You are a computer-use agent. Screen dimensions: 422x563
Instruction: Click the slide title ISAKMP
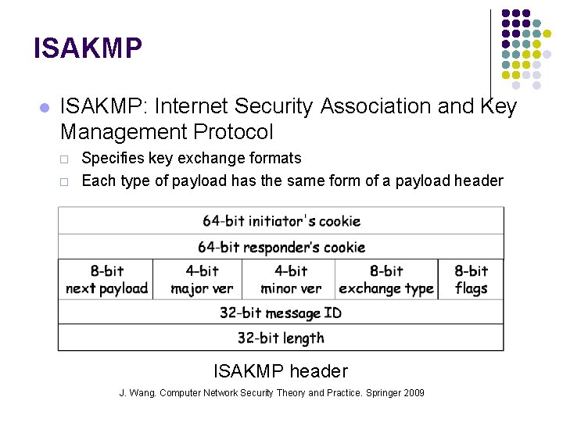pyautogui.click(x=88, y=48)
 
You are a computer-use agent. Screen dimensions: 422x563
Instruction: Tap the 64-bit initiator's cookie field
pyautogui.click(x=281, y=221)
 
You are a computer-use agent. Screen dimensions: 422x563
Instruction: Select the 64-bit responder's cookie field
pyautogui.click(x=281, y=247)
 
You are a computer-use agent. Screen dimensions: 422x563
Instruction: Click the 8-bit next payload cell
pyautogui.click(x=106, y=280)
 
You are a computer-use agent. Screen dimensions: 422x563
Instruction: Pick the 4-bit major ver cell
pyautogui.click(x=201, y=280)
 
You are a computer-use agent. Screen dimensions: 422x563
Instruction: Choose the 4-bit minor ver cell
pyautogui.click(x=290, y=280)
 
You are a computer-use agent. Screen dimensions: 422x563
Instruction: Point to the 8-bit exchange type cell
pyautogui.click(x=386, y=280)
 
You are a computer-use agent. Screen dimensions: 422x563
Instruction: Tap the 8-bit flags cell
pyautogui.click(x=471, y=280)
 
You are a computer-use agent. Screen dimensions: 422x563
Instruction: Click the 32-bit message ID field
pyautogui.click(x=281, y=313)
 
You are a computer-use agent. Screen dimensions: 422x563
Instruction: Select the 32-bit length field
pyautogui.click(x=281, y=338)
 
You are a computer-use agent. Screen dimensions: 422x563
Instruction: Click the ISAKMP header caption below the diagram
pyautogui.click(x=281, y=371)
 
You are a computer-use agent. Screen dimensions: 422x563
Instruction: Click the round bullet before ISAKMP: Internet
pyautogui.click(x=44, y=107)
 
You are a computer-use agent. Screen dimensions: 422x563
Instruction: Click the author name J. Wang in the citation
pyautogui.click(x=137, y=393)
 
